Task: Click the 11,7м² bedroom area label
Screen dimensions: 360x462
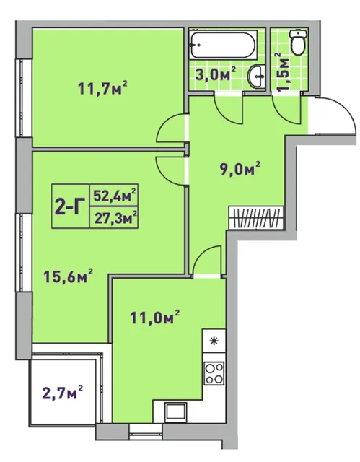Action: [102, 88]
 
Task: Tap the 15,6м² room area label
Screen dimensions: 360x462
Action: [69, 276]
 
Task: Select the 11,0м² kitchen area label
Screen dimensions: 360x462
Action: [155, 318]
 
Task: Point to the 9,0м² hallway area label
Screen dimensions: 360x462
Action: [240, 169]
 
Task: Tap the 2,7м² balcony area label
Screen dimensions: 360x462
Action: [62, 393]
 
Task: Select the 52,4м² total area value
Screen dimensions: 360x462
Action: [115, 196]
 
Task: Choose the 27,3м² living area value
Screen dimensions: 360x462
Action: [115, 217]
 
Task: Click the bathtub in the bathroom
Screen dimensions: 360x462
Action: [223, 45]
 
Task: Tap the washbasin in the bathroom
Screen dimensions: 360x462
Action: [257, 77]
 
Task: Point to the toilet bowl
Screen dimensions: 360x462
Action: [299, 42]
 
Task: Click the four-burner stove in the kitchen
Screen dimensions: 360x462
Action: [214, 372]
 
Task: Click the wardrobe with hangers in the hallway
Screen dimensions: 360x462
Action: [256, 217]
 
